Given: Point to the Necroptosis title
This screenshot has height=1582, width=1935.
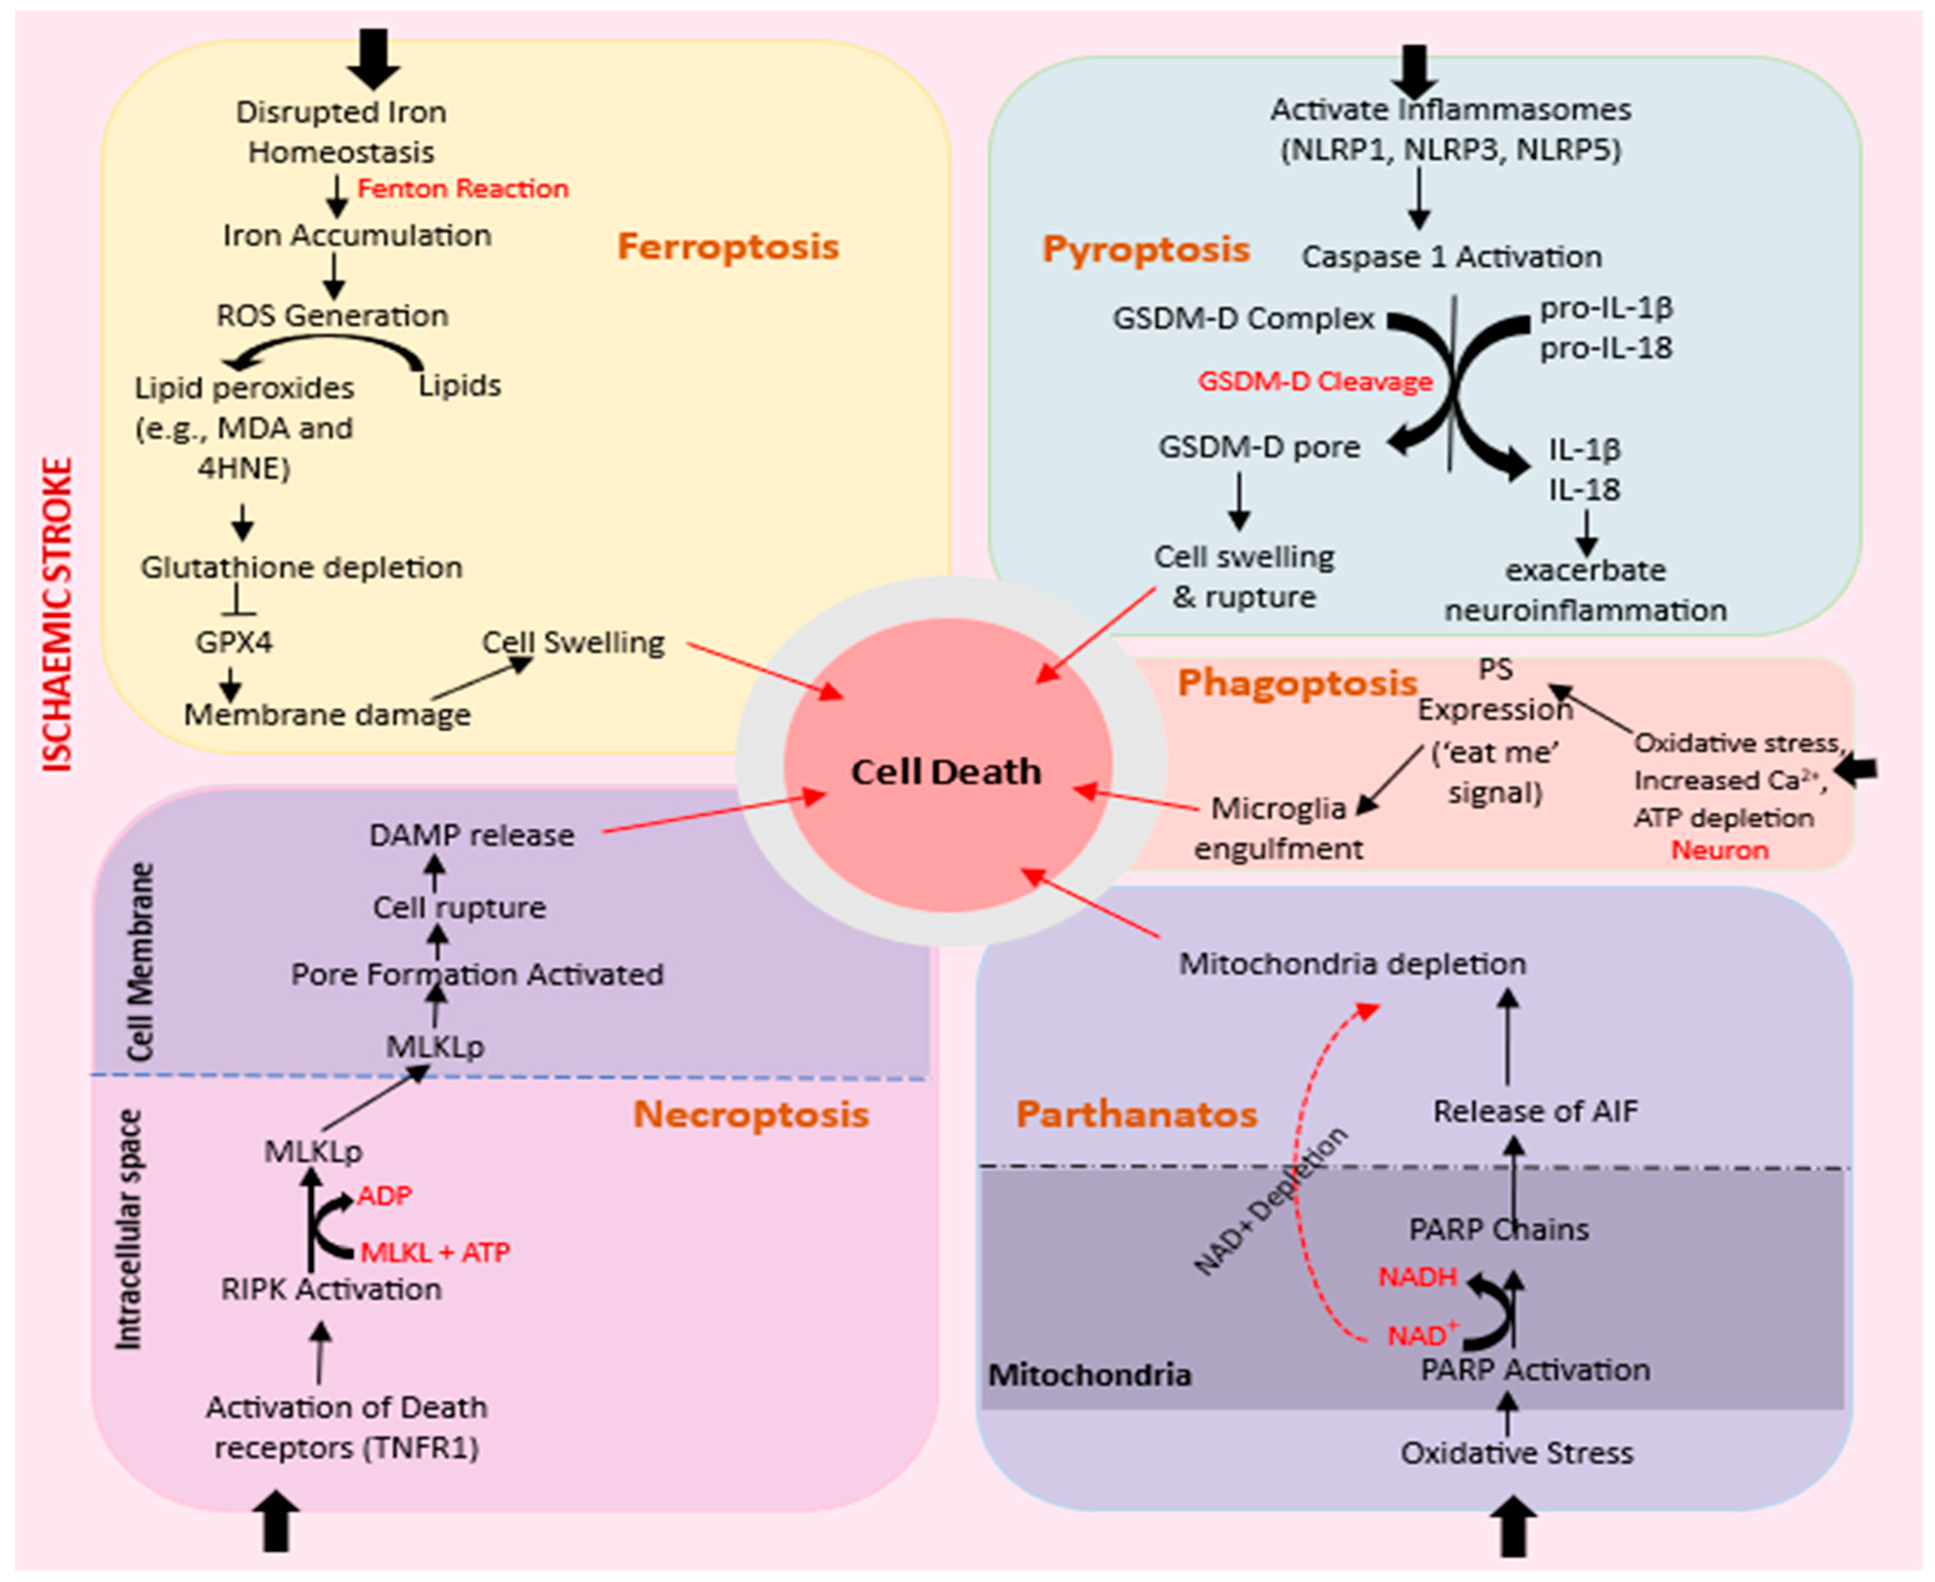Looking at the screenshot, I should (x=751, y=1114).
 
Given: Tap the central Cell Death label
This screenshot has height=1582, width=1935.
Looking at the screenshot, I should (x=946, y=772).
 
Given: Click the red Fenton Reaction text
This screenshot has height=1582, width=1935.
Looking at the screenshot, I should (x=463, y=189).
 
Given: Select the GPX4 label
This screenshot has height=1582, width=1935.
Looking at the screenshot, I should (x=234, y=642).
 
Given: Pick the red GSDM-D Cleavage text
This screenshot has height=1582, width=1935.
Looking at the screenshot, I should (x=1315, y=382).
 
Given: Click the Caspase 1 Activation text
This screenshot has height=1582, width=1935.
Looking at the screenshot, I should (x=1451, y=257).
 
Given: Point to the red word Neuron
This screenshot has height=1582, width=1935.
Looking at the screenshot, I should (x=1719, y=850).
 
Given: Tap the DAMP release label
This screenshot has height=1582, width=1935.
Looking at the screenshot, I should (x=472, y=835).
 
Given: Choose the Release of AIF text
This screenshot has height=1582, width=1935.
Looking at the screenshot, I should (x=1535, y=1111).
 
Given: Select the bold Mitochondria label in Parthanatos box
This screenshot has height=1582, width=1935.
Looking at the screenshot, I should (x=1089, y=1374).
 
